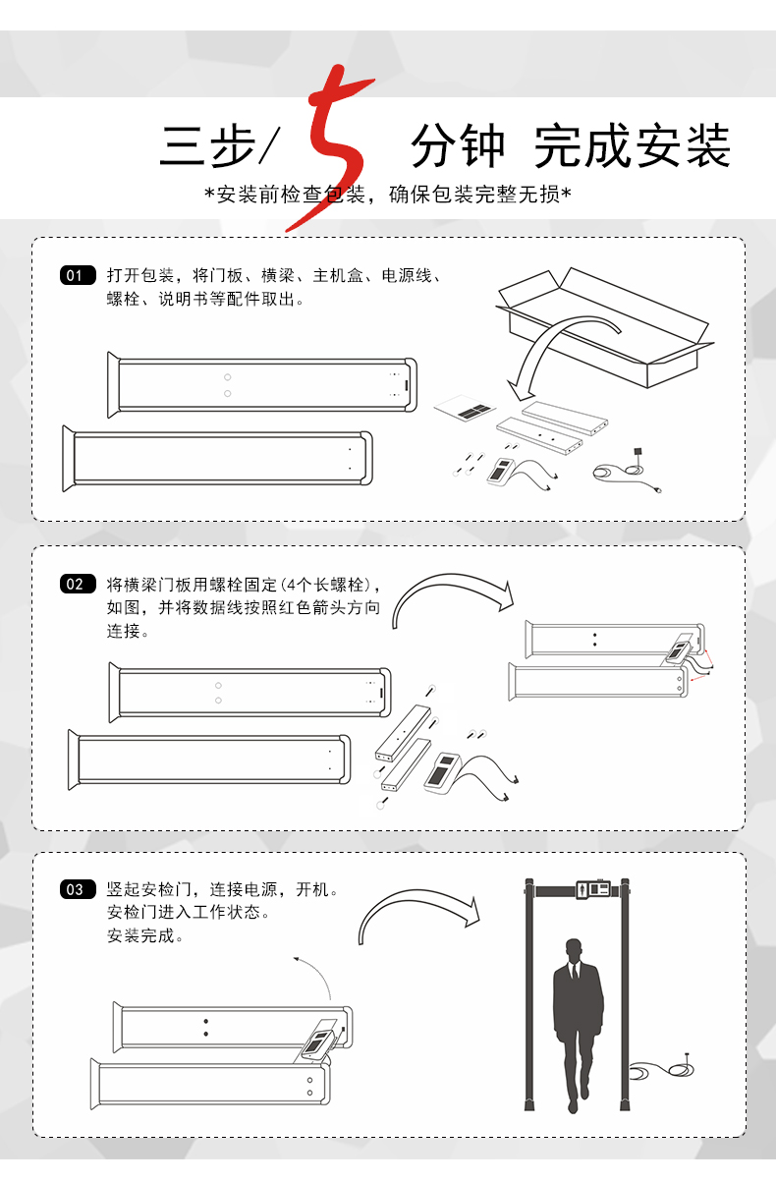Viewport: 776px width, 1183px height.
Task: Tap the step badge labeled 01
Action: click(x=78, y=275)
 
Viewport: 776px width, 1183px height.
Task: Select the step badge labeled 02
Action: click(x=78, y=584)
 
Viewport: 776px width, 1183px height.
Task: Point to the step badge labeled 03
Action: click(x=78, y=889)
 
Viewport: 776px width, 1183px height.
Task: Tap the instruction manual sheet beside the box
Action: click(x=465, y=408)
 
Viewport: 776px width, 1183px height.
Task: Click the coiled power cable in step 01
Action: click(x=626, y=470)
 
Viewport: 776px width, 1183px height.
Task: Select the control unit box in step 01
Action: click(x=500, y=472)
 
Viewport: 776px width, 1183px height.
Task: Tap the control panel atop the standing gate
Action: click(x=593, y=889)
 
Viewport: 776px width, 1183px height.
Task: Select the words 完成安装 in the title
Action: click(x=632, y=145)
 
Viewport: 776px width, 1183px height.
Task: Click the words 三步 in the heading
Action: click(x=207, y=145)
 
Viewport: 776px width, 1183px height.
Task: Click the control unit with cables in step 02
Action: click(x=470, y=775)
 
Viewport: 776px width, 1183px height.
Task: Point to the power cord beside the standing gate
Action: click(x=661, y=1069)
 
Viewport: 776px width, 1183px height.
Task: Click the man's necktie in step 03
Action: click(x=574, y=972)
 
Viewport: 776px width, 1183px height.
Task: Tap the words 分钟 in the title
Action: click(x=458, y=145)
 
